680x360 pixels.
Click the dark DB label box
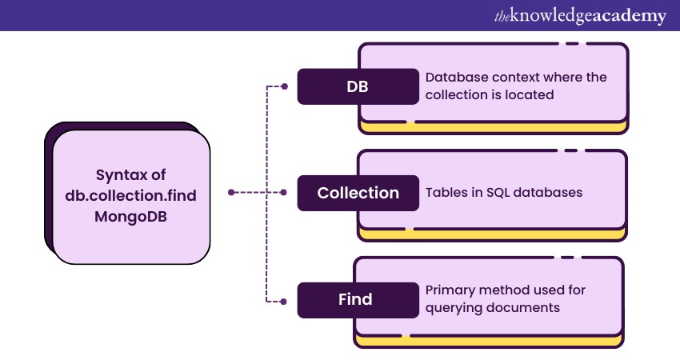358,86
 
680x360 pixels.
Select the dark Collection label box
358,193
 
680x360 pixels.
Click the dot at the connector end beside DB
284,86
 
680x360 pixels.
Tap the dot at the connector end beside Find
284,301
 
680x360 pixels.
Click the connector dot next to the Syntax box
230,193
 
